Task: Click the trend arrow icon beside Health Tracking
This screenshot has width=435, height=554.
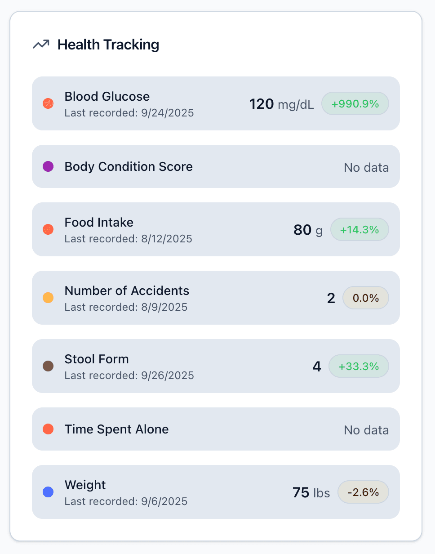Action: tap(41, 45)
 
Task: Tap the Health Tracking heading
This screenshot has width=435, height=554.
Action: tap(108, 45)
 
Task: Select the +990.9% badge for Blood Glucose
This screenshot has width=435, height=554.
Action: tap(355, 104)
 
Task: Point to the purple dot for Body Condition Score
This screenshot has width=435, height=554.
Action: tap(48, 166)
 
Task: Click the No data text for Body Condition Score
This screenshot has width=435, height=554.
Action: tap(366, 168)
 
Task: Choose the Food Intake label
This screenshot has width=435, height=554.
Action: tap(99, 223)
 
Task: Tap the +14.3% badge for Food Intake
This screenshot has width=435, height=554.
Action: tap(360, 230)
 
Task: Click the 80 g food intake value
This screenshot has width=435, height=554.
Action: tap(308, 230)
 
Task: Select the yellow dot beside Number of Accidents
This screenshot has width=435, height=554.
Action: tap(48, 298)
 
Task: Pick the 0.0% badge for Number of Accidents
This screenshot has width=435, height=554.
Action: tap(365, 298)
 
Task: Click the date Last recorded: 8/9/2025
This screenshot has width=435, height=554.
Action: tap(126, 307)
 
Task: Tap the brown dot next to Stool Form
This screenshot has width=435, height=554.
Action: tap(48, 366)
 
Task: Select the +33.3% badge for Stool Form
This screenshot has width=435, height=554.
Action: tap(359, 366)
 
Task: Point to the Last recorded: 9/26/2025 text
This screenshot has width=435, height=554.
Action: tap(129, 375)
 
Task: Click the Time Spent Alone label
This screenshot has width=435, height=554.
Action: tap(116, 429)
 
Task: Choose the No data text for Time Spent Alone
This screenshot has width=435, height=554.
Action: tap(366, 430)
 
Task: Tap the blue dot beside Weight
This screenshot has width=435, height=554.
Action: tap(48, 492)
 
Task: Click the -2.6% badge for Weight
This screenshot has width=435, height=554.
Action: tap(363, 492)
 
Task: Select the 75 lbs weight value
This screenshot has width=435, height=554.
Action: tap(311, 492)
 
